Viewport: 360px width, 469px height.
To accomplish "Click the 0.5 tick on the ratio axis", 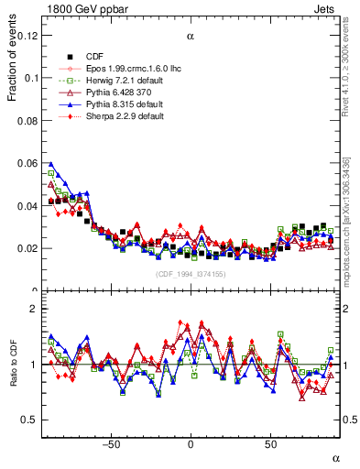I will tap(29, 420).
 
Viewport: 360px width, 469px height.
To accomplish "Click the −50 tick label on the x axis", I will tap(111, 445).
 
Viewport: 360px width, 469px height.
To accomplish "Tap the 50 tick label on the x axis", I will tap(270, 445).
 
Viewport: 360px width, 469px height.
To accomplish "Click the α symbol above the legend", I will tap(191, 37).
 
